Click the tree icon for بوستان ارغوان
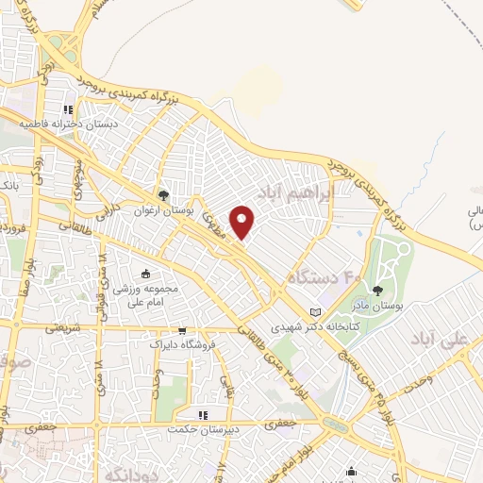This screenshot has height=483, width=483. (x=165, y=195)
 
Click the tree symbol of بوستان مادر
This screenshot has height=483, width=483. (x=376, y=291)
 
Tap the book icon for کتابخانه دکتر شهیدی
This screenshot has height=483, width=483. (x=315, y=312)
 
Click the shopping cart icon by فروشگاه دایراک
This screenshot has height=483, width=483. (x=182, y=331)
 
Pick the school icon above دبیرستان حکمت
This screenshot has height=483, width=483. (x=202, y=415)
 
